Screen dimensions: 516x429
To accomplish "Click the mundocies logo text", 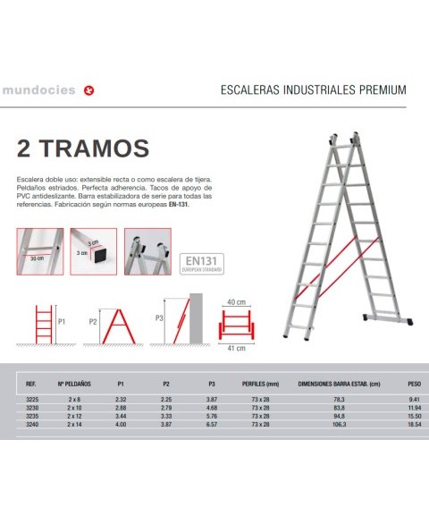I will point(38,90).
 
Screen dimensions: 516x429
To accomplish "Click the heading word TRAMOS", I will point(98,146).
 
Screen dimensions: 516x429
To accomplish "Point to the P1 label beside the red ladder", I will point(62,319).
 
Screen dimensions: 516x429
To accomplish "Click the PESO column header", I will point(413,381).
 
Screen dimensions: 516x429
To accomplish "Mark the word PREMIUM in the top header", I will point(384,91).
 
